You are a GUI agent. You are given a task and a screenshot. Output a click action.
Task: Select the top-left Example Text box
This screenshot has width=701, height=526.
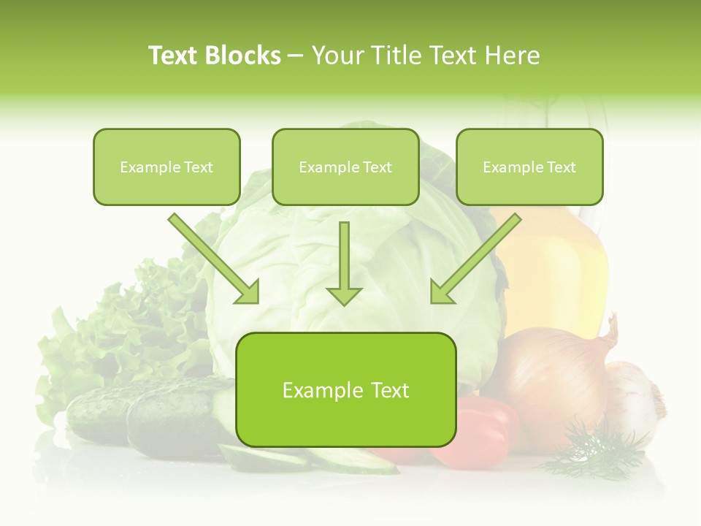(x=166, y=167)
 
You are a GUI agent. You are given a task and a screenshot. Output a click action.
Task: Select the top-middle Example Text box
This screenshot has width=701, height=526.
(x=345, y=167)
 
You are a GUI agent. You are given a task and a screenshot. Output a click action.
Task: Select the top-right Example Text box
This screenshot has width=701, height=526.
(x=529, y=167)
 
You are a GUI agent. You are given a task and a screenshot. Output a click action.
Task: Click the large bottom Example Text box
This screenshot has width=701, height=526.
(x=346, y=389)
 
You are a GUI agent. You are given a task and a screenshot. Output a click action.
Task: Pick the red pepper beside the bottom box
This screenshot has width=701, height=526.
(x=482, y=431)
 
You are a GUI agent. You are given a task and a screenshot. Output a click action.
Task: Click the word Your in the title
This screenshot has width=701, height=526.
(x=337, y=56)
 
